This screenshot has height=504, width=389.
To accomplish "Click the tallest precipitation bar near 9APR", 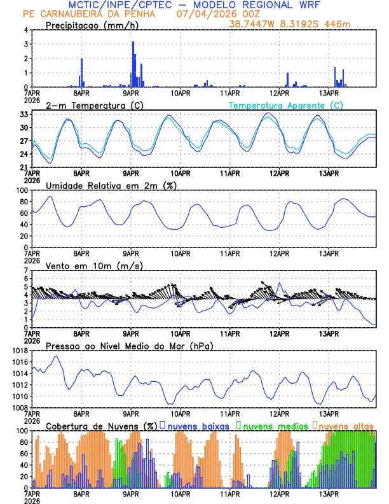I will point(133,64).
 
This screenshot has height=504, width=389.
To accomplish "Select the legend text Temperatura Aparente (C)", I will point(285,105).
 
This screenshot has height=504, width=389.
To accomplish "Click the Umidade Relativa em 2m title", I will point(111,185).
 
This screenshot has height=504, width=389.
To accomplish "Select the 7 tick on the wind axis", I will point(25,271).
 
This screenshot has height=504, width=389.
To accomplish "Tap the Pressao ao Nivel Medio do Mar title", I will point(129,346).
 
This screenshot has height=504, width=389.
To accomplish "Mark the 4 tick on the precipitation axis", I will point(25,30).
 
